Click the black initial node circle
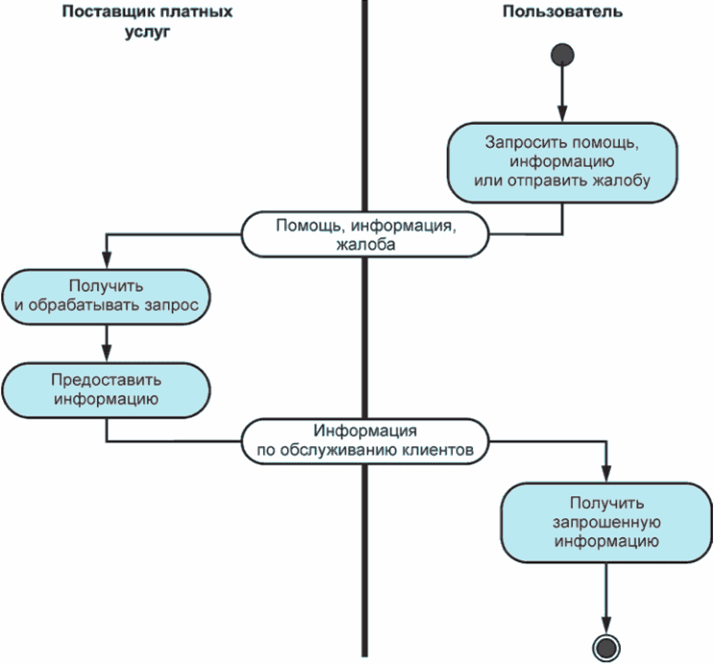pyautogui.click(x=562, y=55)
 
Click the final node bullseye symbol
pyautogui.click(x=606, y=646)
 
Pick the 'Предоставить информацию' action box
pyautogui.click(x=106, y=388)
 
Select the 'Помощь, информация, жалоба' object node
pyautogui.click(x=364, y=235)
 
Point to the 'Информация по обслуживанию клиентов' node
pyautogui.click(x=364, y=440)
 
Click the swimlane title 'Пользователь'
pyautogui.click(x=561, y=12)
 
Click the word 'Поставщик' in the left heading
pyautogui.click(x=102, y=12)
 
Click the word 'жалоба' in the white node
pyautogui.click(x=365, y=245)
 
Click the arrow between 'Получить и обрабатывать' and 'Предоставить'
pyautogui.click(x=106, y=341)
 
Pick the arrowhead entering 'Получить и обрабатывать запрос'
pyautogui.click(x=106, y=262)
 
